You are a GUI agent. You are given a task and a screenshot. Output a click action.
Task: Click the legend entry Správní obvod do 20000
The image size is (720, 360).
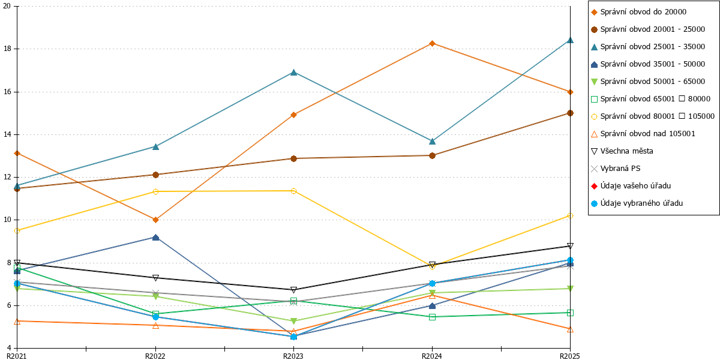pyautogui.click(x=638, y=12)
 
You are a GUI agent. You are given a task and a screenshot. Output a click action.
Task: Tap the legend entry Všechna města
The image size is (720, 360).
pyautogui.click(x=622, y=151)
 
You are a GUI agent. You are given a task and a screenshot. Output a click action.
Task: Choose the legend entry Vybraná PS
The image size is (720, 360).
pyautogui.click(x=616, y=169)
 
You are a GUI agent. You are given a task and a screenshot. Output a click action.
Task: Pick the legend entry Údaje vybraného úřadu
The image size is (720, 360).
pyautogui.click(x=637, y=203)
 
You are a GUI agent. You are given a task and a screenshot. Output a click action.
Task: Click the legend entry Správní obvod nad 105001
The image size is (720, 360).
pyautogui.click(x=643, y=134)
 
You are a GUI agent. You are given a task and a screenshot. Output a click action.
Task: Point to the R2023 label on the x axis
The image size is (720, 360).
pyautogui.click(x=293, y=356)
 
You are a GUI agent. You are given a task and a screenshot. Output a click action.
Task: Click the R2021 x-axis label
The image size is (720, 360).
pyautogui.click(x=16, y=356)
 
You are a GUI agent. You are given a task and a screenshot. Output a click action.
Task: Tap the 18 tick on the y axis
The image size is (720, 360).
pyautogui.click(x=7, y=49)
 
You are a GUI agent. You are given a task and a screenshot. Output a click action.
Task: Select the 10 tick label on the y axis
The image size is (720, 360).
pyautogui.click(x=7, y=220)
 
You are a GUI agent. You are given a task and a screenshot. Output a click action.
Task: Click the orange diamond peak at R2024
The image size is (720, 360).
pyautogui.click(x=433, y=43)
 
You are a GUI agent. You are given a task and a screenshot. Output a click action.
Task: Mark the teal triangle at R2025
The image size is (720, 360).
pyautogui.click(x=570, y=40)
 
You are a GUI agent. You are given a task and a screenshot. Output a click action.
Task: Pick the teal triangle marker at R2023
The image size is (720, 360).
pyautogui.click(x=293, y=73)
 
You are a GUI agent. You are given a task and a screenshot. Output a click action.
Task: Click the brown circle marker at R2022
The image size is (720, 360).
pyautogui.click(x=155, y=175)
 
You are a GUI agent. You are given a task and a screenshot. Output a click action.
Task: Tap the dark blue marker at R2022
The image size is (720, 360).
pyautogui.click(x=155, y=238)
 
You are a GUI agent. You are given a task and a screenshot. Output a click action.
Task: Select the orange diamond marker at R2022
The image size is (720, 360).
pyautogui.click(x=155, y=220)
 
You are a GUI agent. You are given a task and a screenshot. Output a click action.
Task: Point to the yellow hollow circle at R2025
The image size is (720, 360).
pyautogui.click(x=570, y=215)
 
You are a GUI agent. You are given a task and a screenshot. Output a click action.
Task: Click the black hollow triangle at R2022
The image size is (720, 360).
pyautogui.click(x=155, y=278)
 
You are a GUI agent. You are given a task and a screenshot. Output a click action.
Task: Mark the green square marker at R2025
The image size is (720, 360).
pyautogui.click(x=570, y=313)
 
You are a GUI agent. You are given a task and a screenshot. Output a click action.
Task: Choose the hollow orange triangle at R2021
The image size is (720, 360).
pyautogui.click(x=17, y=321)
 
